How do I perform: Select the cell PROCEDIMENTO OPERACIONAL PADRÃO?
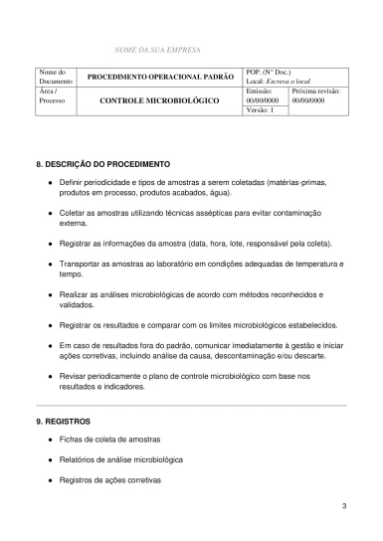click(161, 77)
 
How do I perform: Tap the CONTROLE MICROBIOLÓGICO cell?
click(161, 101)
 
